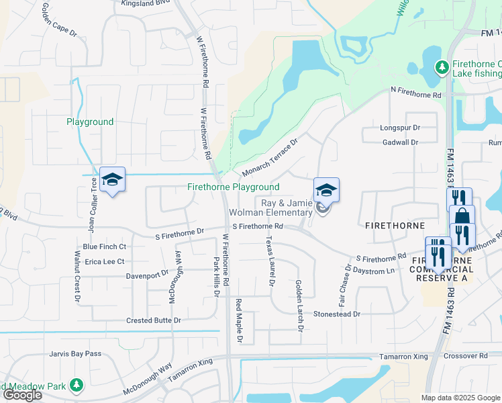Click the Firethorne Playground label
[233, 187]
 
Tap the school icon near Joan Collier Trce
[113, 179]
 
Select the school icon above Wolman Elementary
[326, 190]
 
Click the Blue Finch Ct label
[104, 247]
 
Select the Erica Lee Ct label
[105, 261]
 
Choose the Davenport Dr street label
[148, 275]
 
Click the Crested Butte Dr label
[154, 320]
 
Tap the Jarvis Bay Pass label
[74, 353]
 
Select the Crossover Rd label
[469, 356]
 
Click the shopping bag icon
[462, 216]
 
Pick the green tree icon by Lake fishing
[442, 66]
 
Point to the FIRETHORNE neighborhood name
[392, 227]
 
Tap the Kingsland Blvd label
[146, 3]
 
